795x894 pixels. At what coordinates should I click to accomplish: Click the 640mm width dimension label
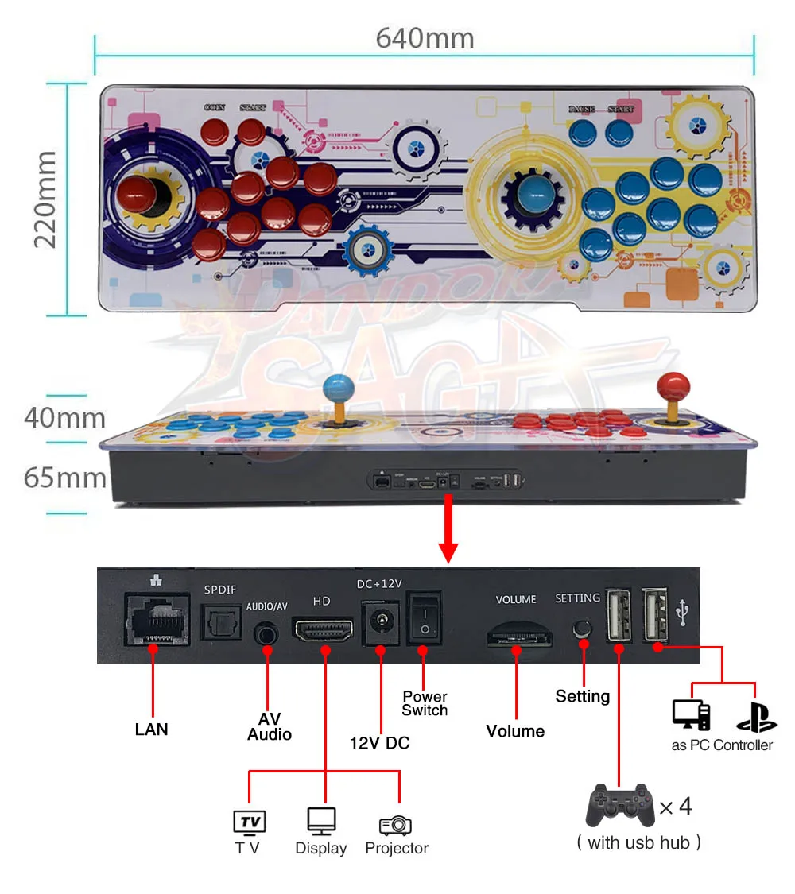coord(425,37)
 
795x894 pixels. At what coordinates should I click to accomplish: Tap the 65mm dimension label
coord(65,478)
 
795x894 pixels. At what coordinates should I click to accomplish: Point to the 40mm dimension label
coord(64,417)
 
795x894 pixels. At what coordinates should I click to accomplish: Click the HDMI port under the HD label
coord(324,630)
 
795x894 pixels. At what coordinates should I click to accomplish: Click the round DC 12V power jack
coord(380,621)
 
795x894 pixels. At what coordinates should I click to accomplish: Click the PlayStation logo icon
coord(755,714)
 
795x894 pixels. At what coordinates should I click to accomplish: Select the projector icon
coord(396,824)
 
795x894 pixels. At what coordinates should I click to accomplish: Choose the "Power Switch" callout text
coord(425,703)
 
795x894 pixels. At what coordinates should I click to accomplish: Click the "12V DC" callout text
coord(380,743)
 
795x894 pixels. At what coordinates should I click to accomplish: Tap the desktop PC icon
coord(691,714)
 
